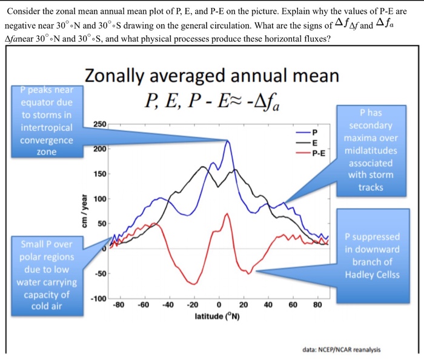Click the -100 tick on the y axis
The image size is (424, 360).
click(x=99, y=300)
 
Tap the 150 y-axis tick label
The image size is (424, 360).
click(x=100, y=175)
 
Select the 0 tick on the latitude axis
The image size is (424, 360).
click(x=218, y=305)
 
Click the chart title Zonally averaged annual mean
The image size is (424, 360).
click(x=212, y=77)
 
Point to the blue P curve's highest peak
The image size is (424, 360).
click(x=228, y=141)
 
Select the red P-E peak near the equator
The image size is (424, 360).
click(x=227, y=213)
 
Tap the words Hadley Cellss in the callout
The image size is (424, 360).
click(x=372, y=275)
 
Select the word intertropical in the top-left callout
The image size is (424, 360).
click(x=47, y=128)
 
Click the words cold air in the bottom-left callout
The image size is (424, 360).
click(x=47, y=306)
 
